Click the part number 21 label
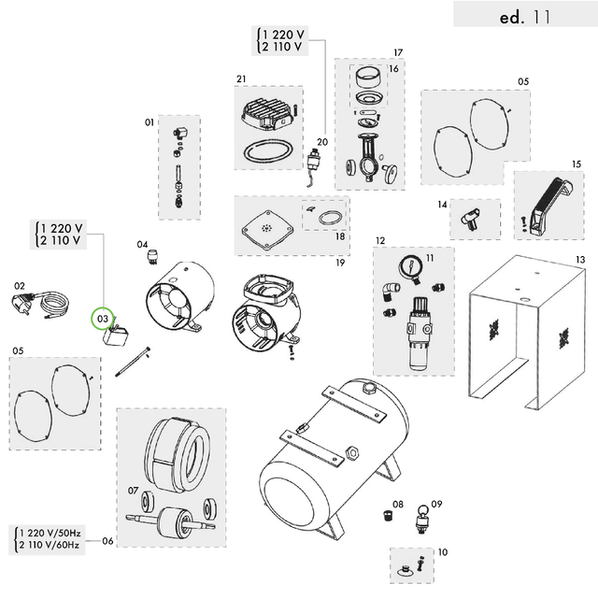click(x=240, y=78)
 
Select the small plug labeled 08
click(x=384, y=515)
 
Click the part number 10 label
click(x=442, y=552)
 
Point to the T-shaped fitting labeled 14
click(x=466, y=220)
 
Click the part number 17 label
click(x=397, y=52)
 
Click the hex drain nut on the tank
click(x=352, y=451)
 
